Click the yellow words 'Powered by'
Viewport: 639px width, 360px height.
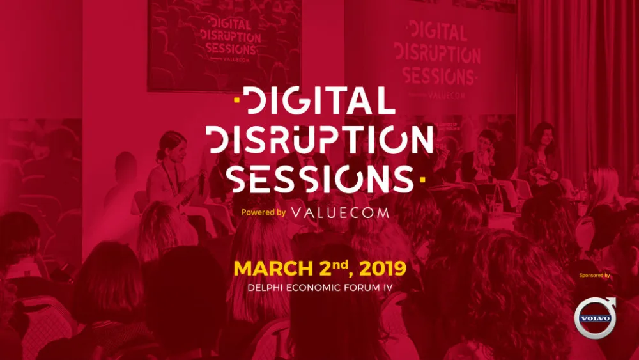coord(263,212)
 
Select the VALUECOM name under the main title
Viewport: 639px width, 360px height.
coord(339,212)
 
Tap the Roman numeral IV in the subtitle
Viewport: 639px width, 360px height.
coord(385,287)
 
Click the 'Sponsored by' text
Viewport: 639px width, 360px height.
coord(594,275)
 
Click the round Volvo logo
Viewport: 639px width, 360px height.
coord(594,318)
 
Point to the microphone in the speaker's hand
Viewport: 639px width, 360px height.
coord(202,182)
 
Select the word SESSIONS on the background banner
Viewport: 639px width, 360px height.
coord(439,75)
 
